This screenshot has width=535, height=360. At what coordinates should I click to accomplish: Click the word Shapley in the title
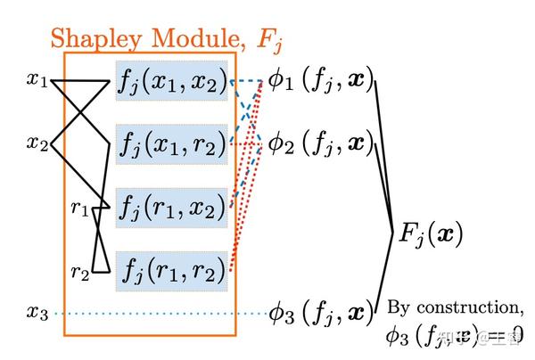(x=98, y=38)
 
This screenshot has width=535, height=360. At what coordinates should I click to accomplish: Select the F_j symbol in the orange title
(x=267, y=40)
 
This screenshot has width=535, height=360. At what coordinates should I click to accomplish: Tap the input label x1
(x=37, y=82)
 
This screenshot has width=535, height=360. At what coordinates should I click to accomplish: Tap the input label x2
(x=37, y=143)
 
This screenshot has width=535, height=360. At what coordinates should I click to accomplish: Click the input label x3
(x=37, y=313)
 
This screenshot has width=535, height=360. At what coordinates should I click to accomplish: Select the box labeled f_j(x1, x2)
(x=172, y=81)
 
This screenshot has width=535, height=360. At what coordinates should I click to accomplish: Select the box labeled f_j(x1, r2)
(x=172, y=143)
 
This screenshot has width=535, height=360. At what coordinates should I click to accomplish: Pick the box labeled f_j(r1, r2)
(x=172, y=268)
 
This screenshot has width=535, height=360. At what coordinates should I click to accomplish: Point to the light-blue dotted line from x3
(x=160, y=314)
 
